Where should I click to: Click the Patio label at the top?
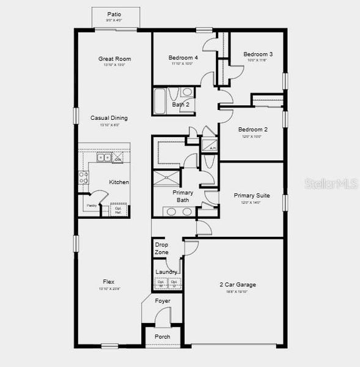114,13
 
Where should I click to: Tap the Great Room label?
115,59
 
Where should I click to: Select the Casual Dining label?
109,118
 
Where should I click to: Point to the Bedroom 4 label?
182,58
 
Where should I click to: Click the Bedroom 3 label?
258,54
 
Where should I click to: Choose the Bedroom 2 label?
253,129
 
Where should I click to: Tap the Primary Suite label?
252,196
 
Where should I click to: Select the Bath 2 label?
180,105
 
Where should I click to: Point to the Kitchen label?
119,182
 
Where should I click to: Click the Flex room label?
109,282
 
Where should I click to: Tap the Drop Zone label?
161,248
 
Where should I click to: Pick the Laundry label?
166,272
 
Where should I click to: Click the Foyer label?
163,301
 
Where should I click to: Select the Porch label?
163,337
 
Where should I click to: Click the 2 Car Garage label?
238,284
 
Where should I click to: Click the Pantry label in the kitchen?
91,206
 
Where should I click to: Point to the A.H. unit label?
212,148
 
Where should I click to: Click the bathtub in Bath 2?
160,101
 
